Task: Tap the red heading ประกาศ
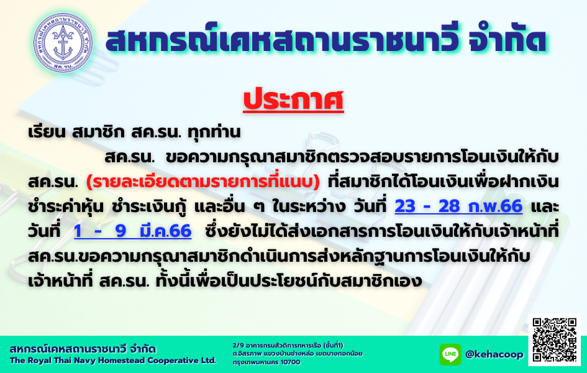[293, 100]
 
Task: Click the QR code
[555, 340]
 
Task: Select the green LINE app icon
[450, 354]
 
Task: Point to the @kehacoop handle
[494, 354]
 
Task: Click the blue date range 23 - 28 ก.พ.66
[458, 206]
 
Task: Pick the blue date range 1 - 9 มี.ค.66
[133, 231]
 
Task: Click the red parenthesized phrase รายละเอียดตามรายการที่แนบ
[203, 182]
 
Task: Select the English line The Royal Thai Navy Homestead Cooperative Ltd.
[113, 361]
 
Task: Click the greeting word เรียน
[47, 132]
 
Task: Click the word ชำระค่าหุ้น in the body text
[66, 206]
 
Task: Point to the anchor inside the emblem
[63, 43]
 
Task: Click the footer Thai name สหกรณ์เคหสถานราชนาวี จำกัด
[83, 349]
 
